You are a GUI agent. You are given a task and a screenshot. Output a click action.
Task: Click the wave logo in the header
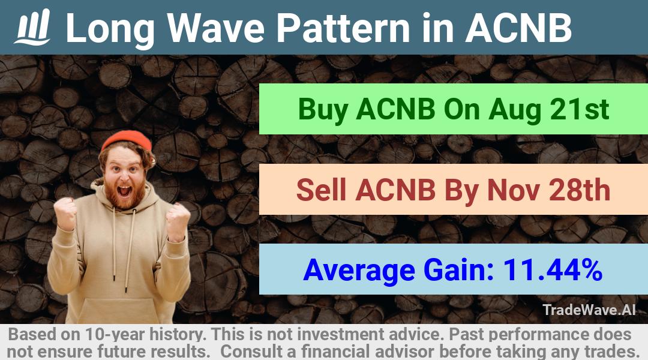pos(32,27)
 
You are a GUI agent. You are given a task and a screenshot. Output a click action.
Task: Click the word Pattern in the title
pos(343,28)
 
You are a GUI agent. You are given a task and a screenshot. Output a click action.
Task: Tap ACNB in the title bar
pos(518,28)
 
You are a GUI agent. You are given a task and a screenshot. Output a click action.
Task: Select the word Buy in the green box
pos(323,110)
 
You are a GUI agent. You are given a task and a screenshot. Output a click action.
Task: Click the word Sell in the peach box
pos(320,190)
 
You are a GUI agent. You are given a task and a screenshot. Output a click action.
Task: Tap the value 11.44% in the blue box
pos(553,270)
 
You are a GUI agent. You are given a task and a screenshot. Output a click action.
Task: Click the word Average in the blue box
pos(359,271)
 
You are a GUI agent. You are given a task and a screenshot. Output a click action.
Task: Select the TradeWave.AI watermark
pos(589,310)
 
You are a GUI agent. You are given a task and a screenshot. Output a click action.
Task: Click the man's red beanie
pos(127,140)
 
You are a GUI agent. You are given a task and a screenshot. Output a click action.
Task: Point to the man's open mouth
pos(124,191)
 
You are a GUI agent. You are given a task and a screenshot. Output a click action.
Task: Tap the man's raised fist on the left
pos(65,213)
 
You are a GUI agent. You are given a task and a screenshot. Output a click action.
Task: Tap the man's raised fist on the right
pos(178,221)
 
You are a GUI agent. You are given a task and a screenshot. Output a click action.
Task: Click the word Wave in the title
pos(216,28)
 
